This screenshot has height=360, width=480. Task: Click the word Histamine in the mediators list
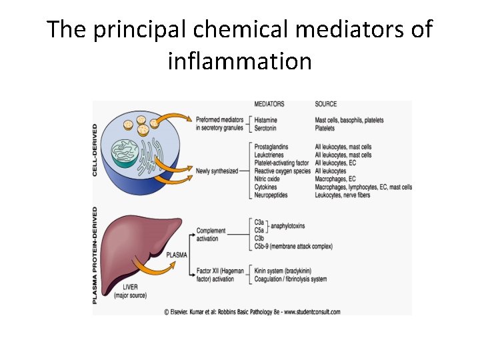[267, 120]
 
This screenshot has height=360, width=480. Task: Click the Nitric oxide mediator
[268, 179]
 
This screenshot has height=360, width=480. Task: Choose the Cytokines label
[267, 187]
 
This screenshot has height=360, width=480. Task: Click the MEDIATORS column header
[269, 104]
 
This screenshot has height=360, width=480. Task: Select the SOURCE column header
[325, 104]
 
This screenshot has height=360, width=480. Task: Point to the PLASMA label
[177, 255]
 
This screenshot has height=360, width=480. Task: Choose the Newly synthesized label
[217, 171]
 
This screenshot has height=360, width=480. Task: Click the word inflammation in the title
[239, 61]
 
